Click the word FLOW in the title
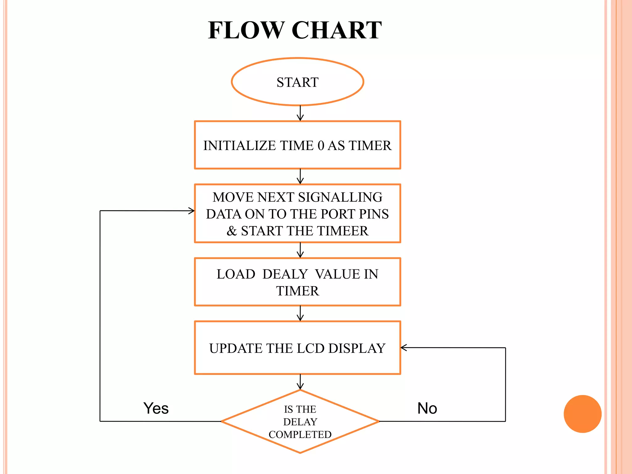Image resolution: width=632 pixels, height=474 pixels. (246, 30)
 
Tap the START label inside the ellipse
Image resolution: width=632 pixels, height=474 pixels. (297, 82)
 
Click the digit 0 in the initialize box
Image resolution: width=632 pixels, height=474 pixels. (321, 146)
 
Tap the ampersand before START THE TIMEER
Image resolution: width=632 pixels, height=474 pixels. (232, 231)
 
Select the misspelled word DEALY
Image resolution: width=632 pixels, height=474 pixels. (285, 274)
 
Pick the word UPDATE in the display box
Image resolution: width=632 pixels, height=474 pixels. (236, 348)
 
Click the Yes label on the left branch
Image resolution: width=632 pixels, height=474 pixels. (156, 408)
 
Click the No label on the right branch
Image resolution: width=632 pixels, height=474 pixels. (427, 408)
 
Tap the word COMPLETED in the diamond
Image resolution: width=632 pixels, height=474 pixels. (300, 434)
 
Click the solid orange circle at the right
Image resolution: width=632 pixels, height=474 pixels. (582, 414)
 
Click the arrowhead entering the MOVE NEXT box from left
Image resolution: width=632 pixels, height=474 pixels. (192, 211)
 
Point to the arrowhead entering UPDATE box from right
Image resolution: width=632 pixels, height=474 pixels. (404, 347)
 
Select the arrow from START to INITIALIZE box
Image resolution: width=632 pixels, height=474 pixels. (300, 113)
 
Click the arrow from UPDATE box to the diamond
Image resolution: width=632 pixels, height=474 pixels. (300, 382)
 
